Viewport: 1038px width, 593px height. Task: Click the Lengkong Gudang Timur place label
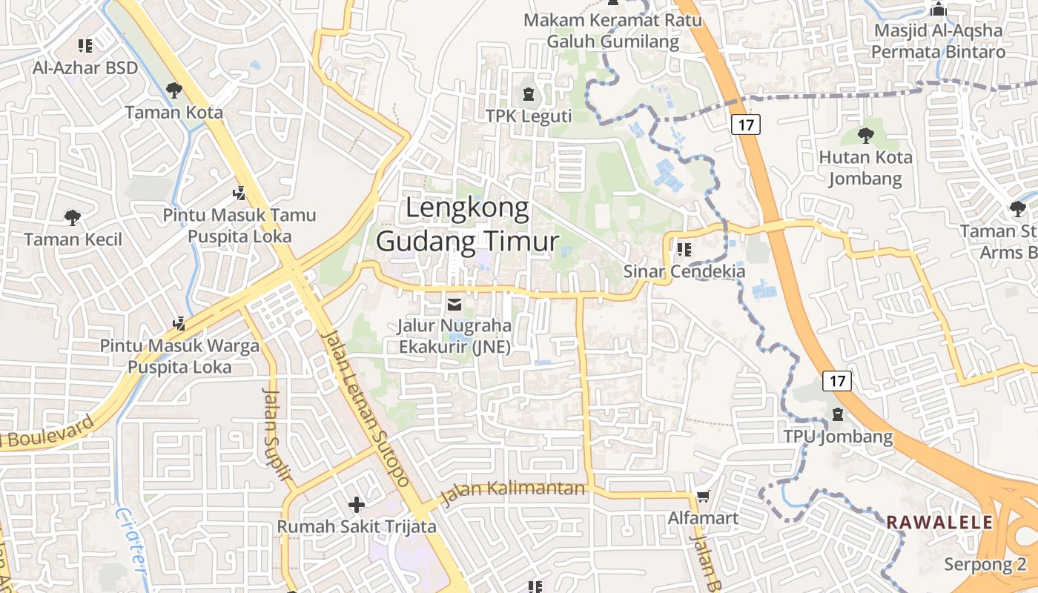[467, 225]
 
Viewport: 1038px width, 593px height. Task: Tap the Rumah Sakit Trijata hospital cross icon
[357, 505]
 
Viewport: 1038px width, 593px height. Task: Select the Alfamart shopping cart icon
[703, 496]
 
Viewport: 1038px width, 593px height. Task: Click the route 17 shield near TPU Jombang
[837, 381]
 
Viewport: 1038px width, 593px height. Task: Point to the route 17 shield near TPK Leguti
[746, 125]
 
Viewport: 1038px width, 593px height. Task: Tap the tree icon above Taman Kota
[174, 90]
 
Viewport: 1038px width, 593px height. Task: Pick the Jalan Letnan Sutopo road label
[366, 408]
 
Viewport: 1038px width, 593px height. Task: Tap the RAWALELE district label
[939, 523]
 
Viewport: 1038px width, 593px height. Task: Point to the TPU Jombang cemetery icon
[838, 414]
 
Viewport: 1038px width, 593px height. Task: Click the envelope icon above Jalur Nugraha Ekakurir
[454, 304]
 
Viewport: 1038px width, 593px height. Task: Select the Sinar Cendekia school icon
[684, 250]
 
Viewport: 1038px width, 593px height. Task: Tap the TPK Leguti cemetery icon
[528, 94]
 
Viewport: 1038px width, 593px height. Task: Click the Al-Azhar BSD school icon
[85, 46]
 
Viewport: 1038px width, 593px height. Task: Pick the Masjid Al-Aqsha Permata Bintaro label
[938, 41]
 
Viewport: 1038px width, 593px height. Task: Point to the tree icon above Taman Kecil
[72, 217]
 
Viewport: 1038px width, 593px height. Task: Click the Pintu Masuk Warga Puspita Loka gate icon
[179, 323]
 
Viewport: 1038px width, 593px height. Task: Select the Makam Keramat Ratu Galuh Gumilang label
[612, 30]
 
